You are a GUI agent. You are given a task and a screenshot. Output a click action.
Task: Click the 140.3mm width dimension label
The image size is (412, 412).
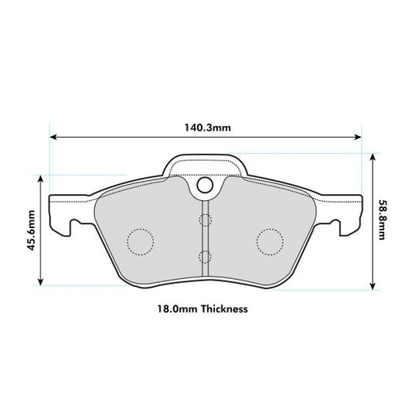coord(206,127)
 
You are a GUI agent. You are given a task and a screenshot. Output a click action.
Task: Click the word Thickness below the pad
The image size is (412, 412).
coord(223,308)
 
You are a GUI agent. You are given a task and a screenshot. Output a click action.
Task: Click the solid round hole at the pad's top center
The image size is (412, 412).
coord(205,186)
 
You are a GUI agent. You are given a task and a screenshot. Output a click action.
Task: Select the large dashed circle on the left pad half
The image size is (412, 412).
coord(140,242)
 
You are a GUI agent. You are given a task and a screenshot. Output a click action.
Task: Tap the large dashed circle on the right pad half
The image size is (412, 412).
coord(270,242)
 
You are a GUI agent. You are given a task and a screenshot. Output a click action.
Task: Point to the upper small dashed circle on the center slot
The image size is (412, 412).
coord(205,220)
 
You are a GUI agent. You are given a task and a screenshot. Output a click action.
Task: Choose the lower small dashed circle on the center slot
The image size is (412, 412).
coord(205,256)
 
